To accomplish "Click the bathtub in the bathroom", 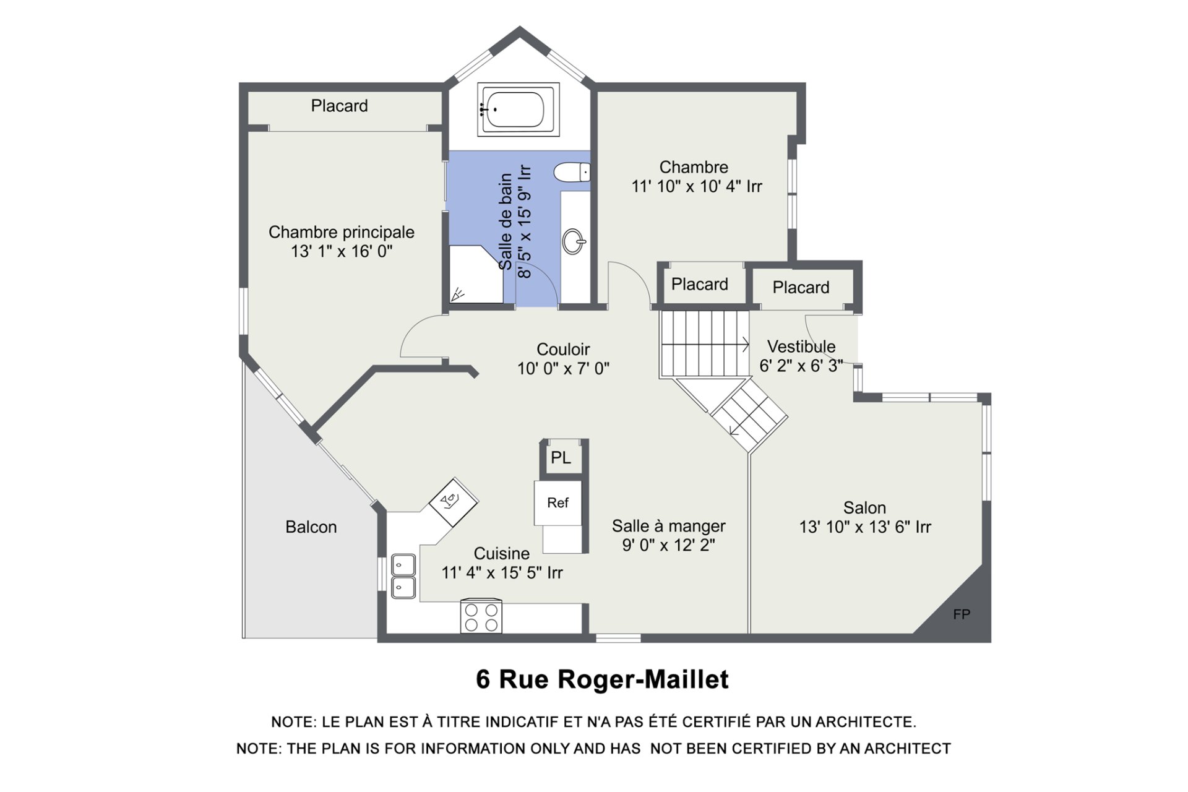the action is point(519,110).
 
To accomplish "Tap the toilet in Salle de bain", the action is point(572,172).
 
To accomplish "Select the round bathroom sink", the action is point(574,241).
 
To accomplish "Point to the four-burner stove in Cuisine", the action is point(481,616).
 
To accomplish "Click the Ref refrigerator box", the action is point(557,503).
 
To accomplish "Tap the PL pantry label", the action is point(561,458).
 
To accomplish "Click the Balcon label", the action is point(311,527).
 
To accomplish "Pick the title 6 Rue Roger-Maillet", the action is point(602,679).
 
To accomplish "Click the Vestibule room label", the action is point(801,346).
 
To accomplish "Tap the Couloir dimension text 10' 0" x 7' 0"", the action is point(563,369).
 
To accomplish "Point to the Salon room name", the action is point(864,508).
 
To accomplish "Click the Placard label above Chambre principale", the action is point(339,106).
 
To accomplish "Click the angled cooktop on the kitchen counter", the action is point(453,501).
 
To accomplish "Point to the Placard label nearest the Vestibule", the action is point(801,288).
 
